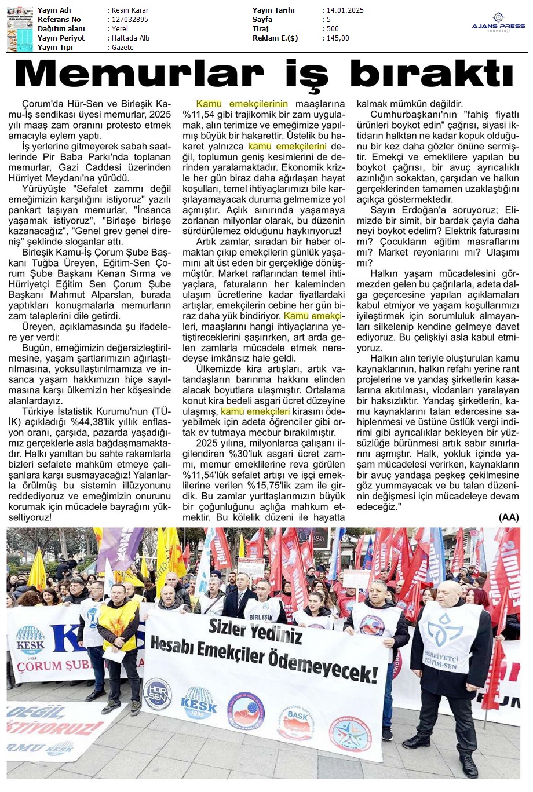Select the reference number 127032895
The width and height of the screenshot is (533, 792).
coord(129,20)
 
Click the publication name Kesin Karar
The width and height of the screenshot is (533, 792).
coord(130,10)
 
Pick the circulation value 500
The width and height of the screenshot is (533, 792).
coord(333,29)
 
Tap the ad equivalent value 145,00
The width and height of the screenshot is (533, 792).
coord(338,38)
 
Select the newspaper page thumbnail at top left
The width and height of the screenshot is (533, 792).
coord(20,28)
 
